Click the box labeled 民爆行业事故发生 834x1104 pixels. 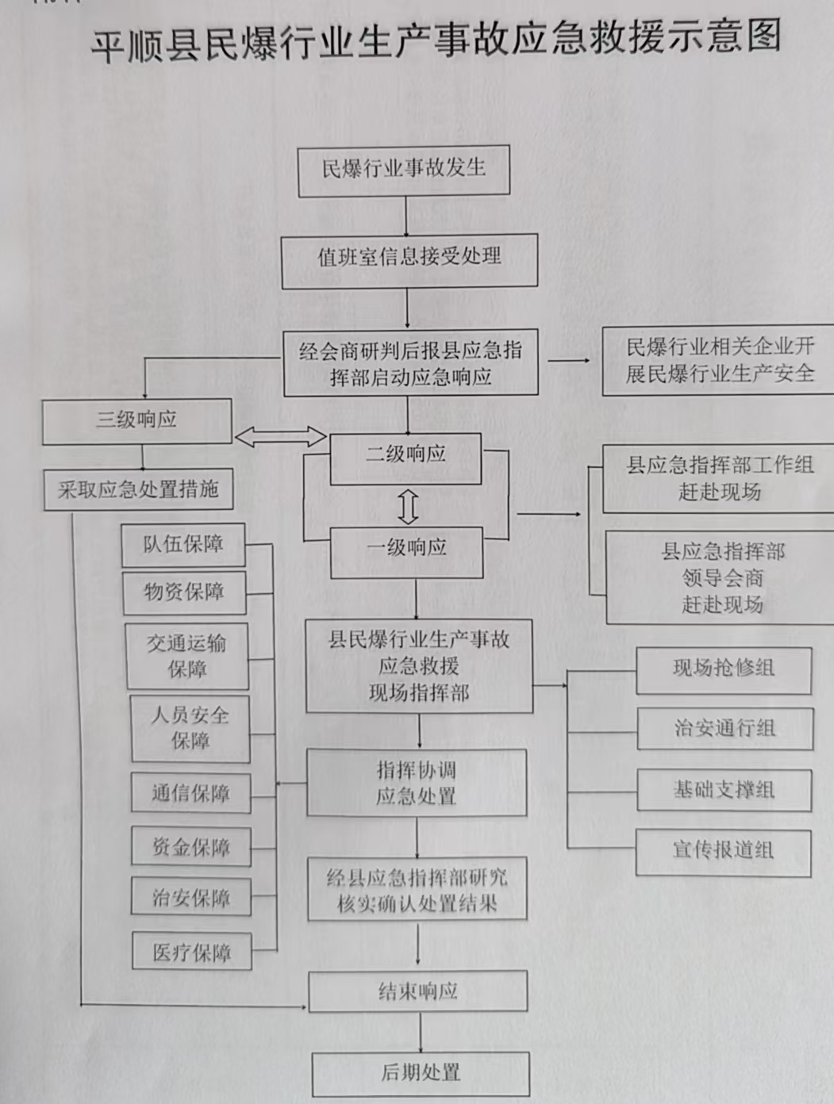pyautogui.click(x=404, y=170)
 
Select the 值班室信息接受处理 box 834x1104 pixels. pyautogui.click(x=409, y=259)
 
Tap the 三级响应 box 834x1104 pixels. pyautogui.click(x=136, y=420)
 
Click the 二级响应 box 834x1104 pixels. pyautogui.click(x=405, y=457)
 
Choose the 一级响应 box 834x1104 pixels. pyautogui.click(x=406, y=550)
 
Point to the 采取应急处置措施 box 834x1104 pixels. pyautogui.click(x=138, y=490)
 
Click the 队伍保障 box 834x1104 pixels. pyautogui.click(x=183, y=545)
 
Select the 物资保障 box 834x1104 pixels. pyautogui.click(x=184, y=592)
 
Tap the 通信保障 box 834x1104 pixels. pyautogui.click(x=190, y=793)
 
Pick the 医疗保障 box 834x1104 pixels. pyautogui.click(x=191, y=952)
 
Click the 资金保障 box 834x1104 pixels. pyautogui.click(x=190, y=847)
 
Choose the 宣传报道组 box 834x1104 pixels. pyautogui.click(x=723, y=852)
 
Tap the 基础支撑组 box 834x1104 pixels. pyautogui.click(x=724, y=790)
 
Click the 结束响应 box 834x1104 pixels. pyautogui.click(x=418, y=991)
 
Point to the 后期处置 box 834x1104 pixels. pyautogui.click(x=421, y=1074)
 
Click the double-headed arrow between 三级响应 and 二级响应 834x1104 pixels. pyautogui.click(x=280, y=436)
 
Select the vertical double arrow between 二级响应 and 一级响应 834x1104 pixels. pyautogui.click(x=408, y=506)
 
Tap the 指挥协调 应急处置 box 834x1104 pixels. pyautogui.click(x=417, y=784)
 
